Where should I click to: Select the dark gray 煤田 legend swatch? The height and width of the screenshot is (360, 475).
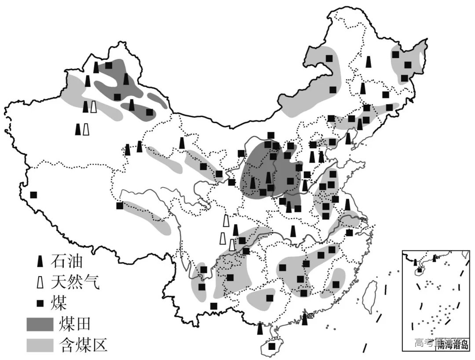pyautogui.click(x=39, y=324)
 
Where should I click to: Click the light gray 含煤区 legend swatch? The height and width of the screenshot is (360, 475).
pyautogui.click(x=39, y=345)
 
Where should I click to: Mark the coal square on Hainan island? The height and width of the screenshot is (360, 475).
pyautogui.click(x=272, y=346)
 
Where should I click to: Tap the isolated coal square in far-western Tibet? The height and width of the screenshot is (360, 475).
pyautogui.click(x=33, y=195)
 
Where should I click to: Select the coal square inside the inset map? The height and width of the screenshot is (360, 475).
pyautogui.click(x=419, y=270)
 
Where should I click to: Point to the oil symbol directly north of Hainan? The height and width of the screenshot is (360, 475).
pyautogui.click(x=260, y=328)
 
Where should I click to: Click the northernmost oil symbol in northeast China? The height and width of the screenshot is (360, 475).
pyautogui.click(x=369, y=62)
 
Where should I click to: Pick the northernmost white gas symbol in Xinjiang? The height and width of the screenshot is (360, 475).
pyautogui.click(x=93, y=107)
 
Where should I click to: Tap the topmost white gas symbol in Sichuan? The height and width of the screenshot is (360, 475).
pyautogui.click(x=226, y=220)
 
